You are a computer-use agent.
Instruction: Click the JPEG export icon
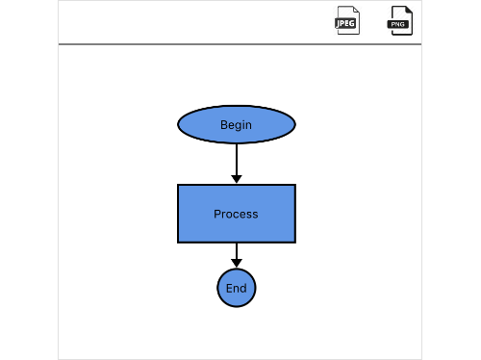(346, 20)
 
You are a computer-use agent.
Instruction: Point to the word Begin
(236, 125)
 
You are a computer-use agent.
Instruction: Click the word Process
(236, 214)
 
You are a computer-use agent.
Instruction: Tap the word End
(237, 289)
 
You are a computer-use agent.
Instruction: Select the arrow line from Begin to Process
(237, 158)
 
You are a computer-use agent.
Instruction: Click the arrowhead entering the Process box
(237, 179)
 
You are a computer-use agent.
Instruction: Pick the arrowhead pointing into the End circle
(237, 263)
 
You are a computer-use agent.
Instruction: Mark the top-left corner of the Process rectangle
(178, 185)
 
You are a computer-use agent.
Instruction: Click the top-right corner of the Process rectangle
(295, 185)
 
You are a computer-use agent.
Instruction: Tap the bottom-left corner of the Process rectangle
(178, 243)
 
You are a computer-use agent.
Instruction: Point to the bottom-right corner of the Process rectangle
(295, 243)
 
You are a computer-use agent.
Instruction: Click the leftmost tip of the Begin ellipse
(178, 125)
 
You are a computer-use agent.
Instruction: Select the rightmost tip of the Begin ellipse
(295, 125)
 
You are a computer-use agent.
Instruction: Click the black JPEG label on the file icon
(345, 22)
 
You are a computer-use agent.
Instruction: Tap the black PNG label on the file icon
(399, 22)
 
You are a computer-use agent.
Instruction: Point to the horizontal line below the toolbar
(240, 44)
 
